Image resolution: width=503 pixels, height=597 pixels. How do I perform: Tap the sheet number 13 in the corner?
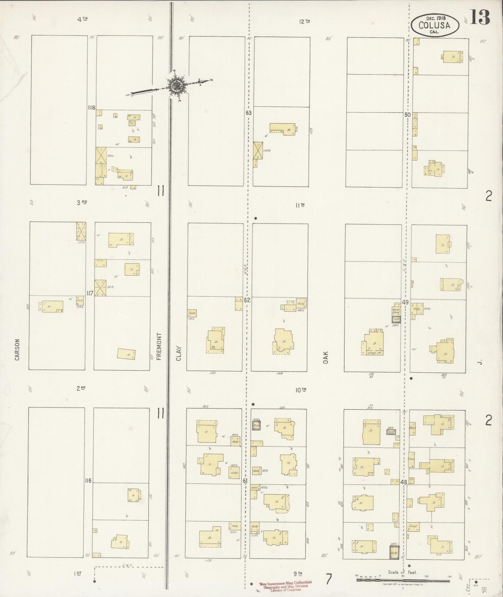tap(480, 17)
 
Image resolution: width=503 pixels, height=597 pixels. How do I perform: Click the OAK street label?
tap(326, 357)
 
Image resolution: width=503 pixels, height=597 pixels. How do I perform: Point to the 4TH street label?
tap(82, 20)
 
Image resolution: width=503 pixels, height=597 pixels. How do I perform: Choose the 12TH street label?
tap(304, 22)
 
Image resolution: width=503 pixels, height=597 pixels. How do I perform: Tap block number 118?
tap(91, 108)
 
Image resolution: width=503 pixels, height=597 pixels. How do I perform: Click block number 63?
tap(248, 113)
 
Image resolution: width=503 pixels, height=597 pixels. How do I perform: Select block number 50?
tap(408, 115)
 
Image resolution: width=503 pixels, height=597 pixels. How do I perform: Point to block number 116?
tap(88, 481)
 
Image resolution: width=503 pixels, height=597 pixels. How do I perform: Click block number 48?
tap(404, 483)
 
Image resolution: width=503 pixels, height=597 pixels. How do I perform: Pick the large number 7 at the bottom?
tap(329, 579)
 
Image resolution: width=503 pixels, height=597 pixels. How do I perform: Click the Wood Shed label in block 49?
tap(396, 311)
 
